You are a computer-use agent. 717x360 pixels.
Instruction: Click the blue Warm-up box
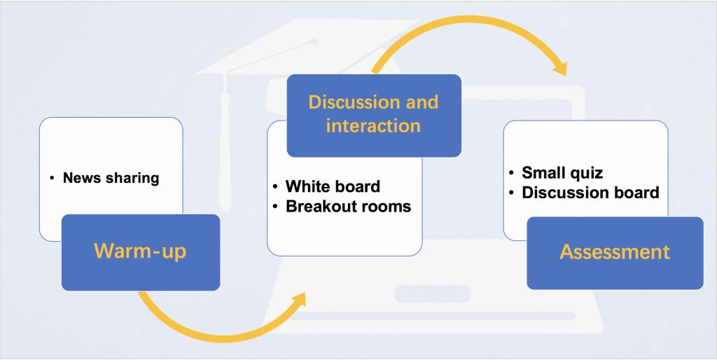[141, 252]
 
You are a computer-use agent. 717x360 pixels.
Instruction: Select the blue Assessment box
[615, 253]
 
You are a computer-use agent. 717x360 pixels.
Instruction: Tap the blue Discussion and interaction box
[374, 116]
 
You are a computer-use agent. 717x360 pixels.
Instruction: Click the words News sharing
[111, 177]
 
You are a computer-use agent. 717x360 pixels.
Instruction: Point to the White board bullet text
[333, 186]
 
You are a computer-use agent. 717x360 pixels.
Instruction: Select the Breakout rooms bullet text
[349, 207]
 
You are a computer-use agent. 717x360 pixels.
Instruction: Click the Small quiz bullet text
[562, 173]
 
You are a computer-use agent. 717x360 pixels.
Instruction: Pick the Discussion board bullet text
[590, 193]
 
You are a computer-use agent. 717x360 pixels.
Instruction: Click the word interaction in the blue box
[373, 126]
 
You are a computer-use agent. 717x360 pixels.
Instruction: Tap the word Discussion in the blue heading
[347, 102]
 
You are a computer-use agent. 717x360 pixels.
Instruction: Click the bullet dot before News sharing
[52, 177]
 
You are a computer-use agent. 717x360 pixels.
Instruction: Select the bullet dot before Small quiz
[510, 173]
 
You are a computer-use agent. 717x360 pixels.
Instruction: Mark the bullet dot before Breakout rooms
[274, 207]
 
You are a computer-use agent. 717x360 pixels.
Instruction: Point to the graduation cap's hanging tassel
[225, 141]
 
